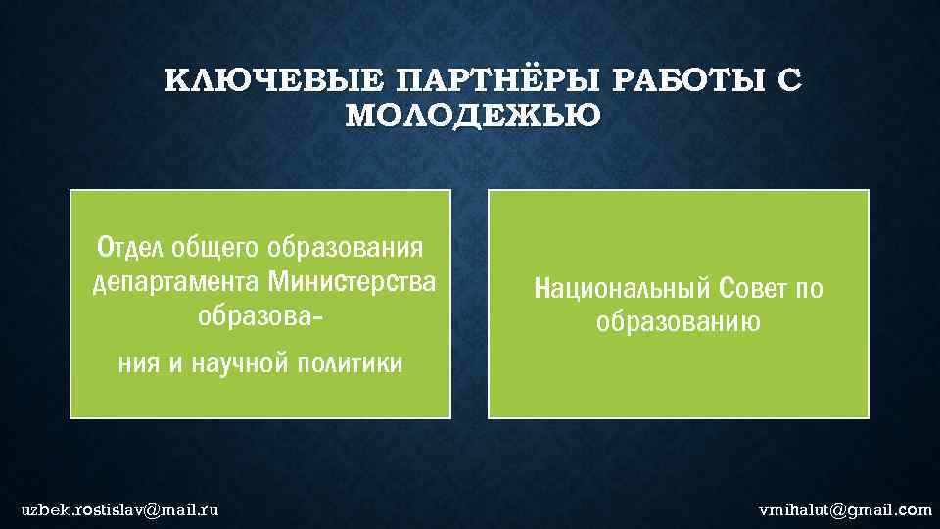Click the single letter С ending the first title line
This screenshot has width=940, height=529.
tap(789, 80)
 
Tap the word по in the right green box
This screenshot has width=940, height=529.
tap(809, 289)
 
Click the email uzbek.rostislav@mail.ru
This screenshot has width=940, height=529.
tap(120, 509)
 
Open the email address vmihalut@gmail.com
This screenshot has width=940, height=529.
tap(845, 509)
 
